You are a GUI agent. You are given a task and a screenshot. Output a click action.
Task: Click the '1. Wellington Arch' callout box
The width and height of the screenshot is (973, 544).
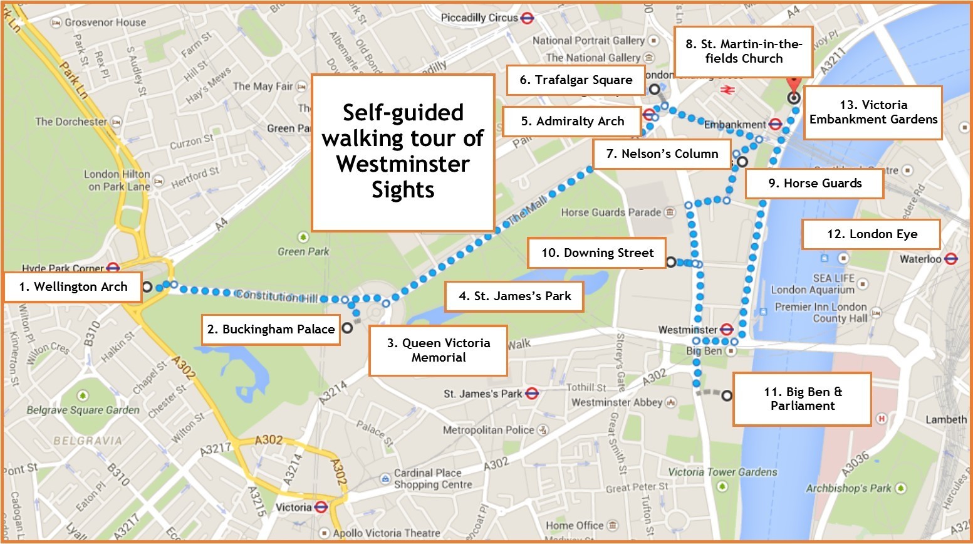pyautogui.click(x=73, y=287)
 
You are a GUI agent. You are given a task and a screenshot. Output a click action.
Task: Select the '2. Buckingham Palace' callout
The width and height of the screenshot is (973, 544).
pyautogui.click(x=271, y=330)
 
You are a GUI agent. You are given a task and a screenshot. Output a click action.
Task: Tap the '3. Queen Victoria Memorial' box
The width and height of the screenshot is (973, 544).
pyautogui.click(x=438, y=350)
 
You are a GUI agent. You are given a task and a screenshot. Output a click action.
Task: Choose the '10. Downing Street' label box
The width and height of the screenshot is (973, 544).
pyautogui.click(x=596, y=253)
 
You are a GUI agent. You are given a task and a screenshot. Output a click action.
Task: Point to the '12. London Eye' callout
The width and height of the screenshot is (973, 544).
pyautogui.click(x=871, y=234)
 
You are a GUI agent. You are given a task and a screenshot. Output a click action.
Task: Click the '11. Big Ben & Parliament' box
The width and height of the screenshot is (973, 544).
pyautogui.click(x=802, y=399)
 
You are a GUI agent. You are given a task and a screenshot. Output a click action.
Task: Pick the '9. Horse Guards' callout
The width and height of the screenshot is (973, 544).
pyautogui.click(x=814, y=184)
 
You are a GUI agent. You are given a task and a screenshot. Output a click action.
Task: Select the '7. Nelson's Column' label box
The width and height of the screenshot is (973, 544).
pyautogui.click(x=662, y=154)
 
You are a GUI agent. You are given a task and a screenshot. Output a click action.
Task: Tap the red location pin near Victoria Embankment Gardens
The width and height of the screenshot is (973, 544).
pyautogui.click(x=794, y=85)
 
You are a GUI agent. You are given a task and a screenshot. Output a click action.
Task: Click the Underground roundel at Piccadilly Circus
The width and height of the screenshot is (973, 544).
pyautogui.click(x=527, y=18)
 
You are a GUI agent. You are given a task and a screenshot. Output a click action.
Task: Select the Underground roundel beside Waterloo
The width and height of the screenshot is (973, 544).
pyautogui.click(x=950, y=259)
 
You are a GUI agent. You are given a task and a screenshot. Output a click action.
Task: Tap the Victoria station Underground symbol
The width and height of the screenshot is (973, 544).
pyautogui.click(x=321, y=507)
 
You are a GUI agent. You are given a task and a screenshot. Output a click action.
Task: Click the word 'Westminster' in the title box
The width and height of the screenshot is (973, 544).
pyautogui.click(x=402, y=164)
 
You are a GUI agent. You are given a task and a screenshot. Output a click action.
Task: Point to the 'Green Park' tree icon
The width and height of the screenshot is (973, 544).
pyautogui.click(x=303, y=238)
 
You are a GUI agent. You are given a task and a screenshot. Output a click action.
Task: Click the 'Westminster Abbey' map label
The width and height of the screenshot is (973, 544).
pyautogui.click(x=617, y=402)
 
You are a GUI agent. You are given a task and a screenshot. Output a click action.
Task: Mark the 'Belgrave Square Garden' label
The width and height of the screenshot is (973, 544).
pyautogui.click(x=83, y=411)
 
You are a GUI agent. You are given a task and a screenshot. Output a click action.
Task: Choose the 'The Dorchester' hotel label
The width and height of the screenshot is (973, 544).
pyautogui.click(x=71, y=122)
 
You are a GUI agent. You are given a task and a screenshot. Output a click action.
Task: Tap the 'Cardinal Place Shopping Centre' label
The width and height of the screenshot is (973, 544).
pyautogui.click(x=432, y=479)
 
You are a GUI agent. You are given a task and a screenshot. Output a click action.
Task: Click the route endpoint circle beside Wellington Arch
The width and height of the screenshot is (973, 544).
pyautogui.click(x=147, y=287)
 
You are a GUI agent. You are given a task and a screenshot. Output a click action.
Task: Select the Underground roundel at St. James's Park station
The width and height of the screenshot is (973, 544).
pyautogui.click(x=532, y=394)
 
